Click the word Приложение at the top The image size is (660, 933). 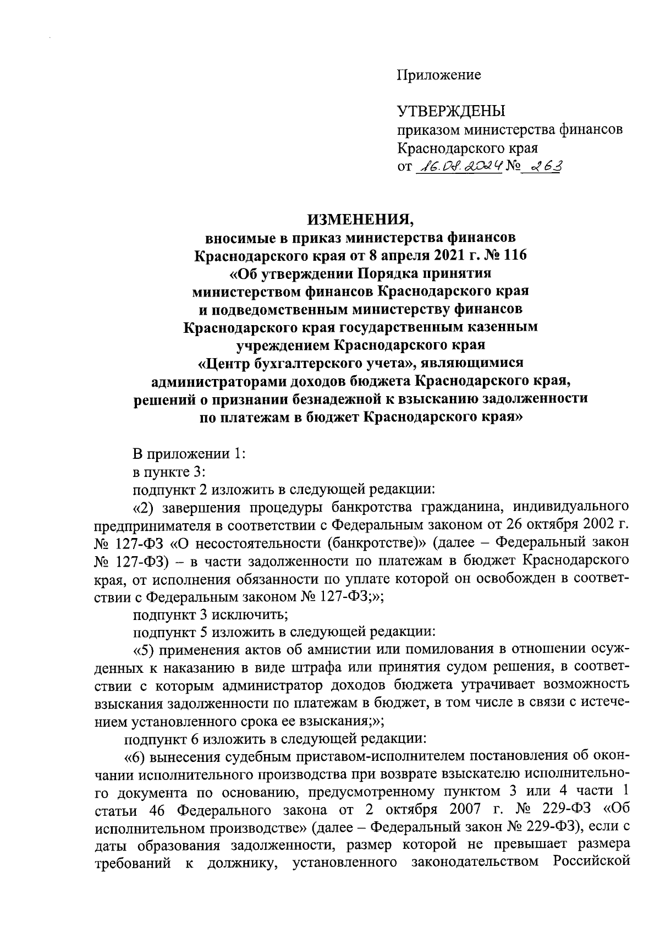click(439, 75)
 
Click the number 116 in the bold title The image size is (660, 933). click(514, 256)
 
